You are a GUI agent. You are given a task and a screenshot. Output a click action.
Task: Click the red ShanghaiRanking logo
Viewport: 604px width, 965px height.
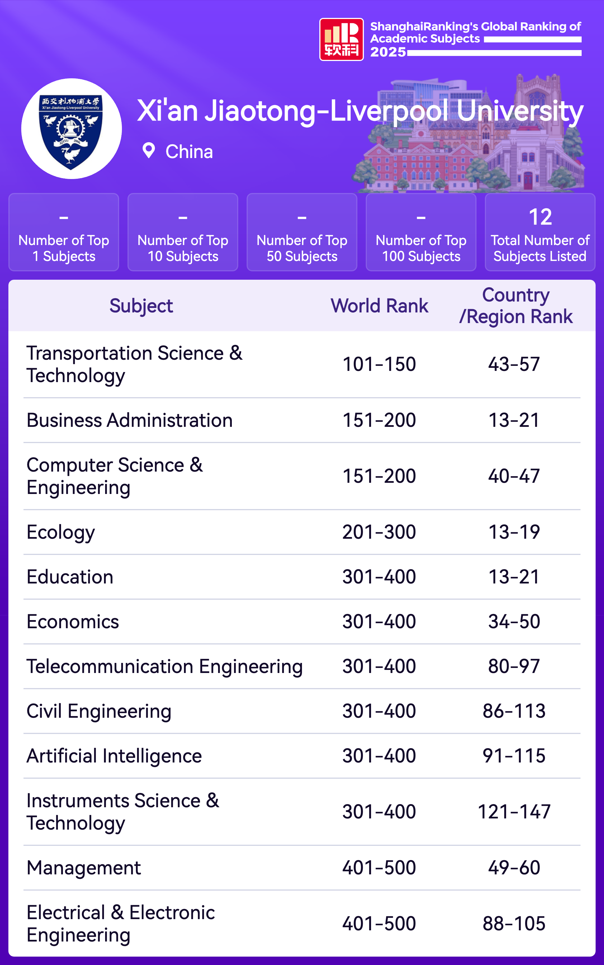[x=341, y=39]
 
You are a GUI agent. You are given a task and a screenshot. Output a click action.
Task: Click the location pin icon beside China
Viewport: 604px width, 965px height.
[x=148, y=151]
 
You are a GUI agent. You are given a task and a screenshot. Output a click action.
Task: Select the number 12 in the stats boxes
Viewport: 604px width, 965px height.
[x=540, y=217]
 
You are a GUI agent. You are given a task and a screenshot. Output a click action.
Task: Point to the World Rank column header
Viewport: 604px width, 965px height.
[x=379, y=306]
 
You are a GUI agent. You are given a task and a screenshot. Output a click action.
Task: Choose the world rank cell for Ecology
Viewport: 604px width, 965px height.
[x=379, y=532]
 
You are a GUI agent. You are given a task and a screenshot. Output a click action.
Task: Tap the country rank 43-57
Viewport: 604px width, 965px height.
[x=514, y=364]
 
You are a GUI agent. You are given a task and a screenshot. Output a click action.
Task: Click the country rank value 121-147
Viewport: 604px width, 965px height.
[x=514, y=811]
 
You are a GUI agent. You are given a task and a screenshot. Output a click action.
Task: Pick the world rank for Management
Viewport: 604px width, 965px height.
[x=379, y=867]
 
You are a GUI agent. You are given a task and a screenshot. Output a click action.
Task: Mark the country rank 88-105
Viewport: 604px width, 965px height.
[x=514, y=923]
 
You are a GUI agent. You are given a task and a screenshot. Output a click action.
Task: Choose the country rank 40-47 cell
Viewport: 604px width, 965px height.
[x=514, y=476]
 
